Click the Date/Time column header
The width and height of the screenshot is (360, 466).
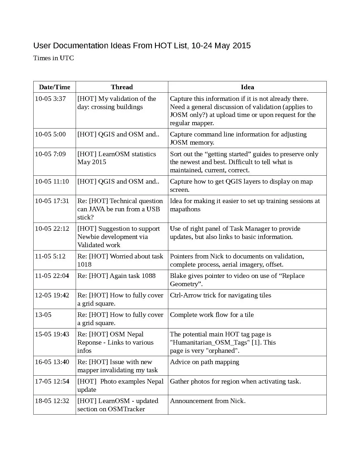coord(54,87)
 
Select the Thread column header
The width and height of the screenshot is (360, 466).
coord(122,87)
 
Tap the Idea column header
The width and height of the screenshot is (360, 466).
coord(247,87)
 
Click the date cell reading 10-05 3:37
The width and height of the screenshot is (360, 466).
coord(50,99)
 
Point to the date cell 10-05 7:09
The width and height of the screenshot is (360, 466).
coord(50,154)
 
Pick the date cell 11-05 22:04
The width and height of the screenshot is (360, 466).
coord(52,276)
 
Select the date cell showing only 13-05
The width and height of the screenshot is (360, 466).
coord(43,315)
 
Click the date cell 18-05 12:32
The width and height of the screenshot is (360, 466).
coord(52,401)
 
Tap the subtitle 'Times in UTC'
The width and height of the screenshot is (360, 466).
coord(54,58)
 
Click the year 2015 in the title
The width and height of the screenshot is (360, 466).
coord(242,45)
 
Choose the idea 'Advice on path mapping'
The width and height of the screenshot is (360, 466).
coord(204,362)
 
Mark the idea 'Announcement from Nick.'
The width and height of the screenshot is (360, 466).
coord(208,401)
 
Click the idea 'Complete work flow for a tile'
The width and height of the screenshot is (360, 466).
coord(212,315)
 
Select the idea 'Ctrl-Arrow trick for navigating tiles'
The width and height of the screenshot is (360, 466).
coord(220,295)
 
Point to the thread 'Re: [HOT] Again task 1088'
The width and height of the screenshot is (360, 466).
coord(116,276)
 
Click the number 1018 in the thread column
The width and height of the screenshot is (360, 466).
coord(84,264)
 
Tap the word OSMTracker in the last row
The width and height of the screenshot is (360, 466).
coord(126,409)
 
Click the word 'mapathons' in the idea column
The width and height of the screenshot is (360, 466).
coord(185,209)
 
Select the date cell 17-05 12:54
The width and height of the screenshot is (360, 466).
coord(52,381)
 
